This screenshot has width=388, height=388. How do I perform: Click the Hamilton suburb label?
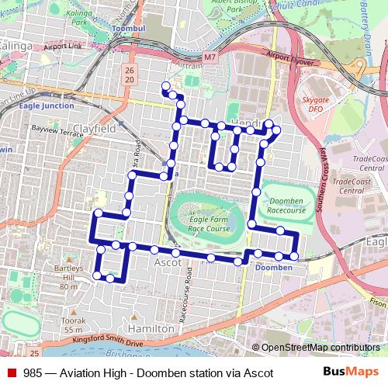[x=154, y=329]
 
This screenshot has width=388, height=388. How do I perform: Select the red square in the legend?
[x=11, y=372]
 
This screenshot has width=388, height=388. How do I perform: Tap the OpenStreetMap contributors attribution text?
[x=320, y=348]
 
